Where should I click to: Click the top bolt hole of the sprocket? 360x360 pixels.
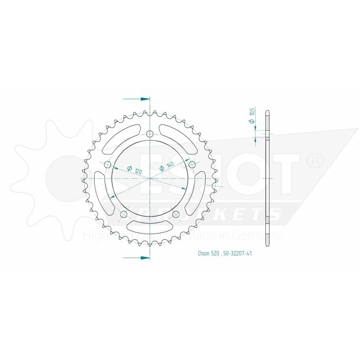[150, 134]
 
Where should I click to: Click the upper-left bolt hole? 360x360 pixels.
[107, 165]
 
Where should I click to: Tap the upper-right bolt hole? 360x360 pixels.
[192, 165]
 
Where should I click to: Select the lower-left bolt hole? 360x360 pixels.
[123, 214]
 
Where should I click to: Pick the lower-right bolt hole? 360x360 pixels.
[176, 214]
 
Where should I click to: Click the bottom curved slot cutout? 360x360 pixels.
[150, 225]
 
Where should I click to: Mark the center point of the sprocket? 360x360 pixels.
[150, 178]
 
